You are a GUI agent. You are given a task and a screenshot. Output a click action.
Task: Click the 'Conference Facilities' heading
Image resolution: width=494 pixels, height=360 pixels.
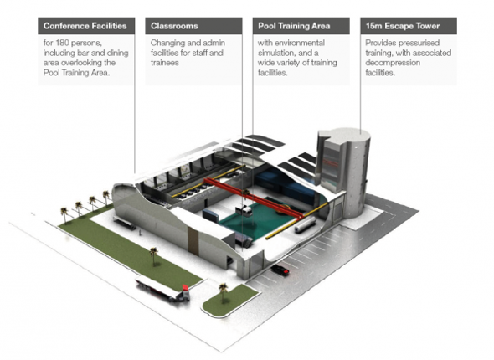[x=85, y=26]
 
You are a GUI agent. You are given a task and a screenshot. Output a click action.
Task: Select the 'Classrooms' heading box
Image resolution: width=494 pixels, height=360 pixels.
[x=193, y=26]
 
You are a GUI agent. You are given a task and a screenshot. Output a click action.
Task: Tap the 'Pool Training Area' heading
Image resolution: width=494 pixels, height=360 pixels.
[x=294, y=26]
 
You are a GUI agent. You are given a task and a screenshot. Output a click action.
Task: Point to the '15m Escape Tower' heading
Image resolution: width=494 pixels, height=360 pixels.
[x=403, y=26]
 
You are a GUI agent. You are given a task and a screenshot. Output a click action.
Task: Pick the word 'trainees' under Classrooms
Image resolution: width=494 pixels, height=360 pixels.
[x=164, y=63]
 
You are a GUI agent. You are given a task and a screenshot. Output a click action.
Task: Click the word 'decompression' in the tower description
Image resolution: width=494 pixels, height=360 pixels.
[x=393, y=63]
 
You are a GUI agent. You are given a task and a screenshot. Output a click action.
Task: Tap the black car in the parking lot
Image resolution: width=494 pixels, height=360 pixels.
[x=280, y=270]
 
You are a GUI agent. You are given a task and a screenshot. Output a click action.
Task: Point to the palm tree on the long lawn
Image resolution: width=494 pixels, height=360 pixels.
[x=154, y=256]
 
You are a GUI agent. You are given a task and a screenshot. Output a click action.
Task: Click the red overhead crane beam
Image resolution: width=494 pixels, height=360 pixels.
[x=254, y=198]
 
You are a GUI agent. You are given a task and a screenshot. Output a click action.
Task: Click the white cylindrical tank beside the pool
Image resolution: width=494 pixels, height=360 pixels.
[x=306, y=224]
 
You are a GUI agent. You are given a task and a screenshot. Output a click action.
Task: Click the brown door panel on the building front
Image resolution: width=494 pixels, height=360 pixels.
[x=193, y=239]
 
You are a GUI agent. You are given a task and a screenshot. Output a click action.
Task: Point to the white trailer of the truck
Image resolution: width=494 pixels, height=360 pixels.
[x=157, y=289]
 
